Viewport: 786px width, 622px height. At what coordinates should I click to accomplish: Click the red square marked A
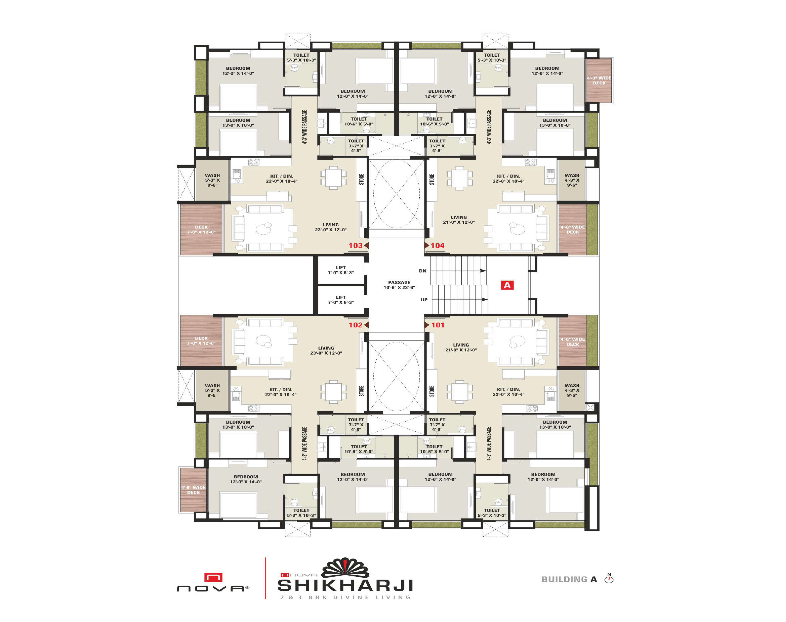(x=507, y=285)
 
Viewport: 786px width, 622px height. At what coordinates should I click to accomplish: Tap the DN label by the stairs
(x=423, y=271)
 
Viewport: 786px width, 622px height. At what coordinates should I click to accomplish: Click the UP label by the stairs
(x=424, y=300)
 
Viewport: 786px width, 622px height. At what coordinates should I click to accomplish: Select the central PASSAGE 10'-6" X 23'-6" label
(x=399, y=285)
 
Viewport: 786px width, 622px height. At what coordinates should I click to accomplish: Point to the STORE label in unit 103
(x=361, y=179)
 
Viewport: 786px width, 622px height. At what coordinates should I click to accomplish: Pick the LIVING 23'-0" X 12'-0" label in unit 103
(x=331, y=227)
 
